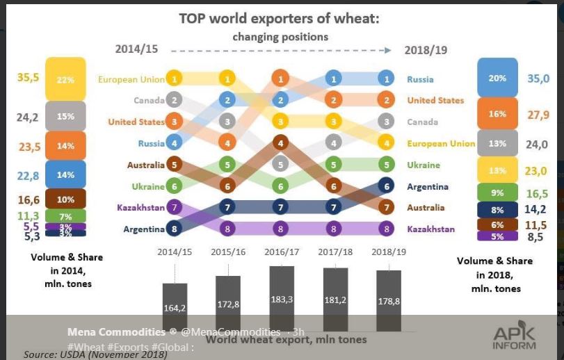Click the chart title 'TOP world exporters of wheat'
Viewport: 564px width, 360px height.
click(279, 19)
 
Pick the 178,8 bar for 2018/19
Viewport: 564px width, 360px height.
click(389, 299)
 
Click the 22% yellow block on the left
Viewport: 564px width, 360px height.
click(65, 79)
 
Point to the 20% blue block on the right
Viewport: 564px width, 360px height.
click(497, 78)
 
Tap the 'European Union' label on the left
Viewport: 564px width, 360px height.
click(131, 79)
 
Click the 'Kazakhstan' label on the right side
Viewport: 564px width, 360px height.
click(430, 229)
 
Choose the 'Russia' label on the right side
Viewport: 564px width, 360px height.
click(420, 80)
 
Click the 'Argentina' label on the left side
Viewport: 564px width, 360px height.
click(144, 229)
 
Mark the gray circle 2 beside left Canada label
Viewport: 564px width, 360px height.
click(175, 100)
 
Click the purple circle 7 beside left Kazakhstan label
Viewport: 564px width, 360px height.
click(175, 207)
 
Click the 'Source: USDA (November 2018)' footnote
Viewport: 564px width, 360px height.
click(95, 354)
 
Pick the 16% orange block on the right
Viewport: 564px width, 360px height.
click(497, 114)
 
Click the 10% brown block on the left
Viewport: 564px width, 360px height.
click(65, 199)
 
